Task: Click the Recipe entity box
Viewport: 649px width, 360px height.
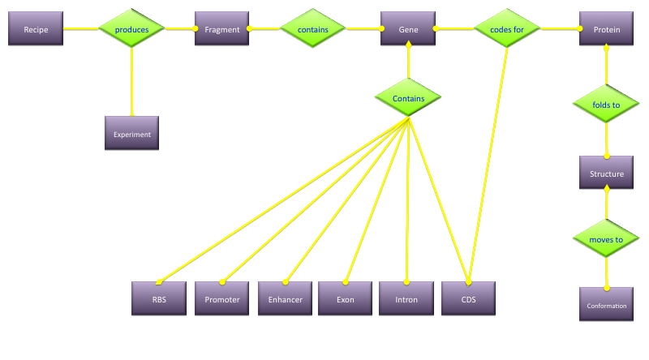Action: pos(36,29)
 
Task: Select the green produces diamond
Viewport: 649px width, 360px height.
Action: pos(131,29)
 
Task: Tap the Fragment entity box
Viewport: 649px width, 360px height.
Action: pos(222,29)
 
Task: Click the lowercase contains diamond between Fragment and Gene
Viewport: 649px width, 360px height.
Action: pos(313,29)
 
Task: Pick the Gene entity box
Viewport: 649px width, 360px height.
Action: pos(408,29)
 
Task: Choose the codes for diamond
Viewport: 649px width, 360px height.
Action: pos(506,29)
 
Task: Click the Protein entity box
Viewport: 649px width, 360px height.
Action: pos(607,29)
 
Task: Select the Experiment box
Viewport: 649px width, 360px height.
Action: pos(131,134)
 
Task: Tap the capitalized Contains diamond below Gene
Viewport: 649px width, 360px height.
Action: pos(408,98)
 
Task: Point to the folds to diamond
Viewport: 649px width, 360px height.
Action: pos(606,104)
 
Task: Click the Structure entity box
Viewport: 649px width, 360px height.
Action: pos(606,174)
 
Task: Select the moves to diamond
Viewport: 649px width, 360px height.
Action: pos(606,239)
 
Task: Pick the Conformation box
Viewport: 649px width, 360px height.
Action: pos(607,305)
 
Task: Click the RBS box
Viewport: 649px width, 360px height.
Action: pos(159,298)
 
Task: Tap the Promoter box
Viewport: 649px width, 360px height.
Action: pos(222,298)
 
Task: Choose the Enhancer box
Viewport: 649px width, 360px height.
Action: pos(285,298)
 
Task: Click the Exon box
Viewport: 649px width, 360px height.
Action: pos(346,298)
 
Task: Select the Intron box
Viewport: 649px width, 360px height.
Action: pos(406,298)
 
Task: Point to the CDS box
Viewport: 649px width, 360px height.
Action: pos(468,298)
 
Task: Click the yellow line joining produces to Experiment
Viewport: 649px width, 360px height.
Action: pos(131,81)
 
